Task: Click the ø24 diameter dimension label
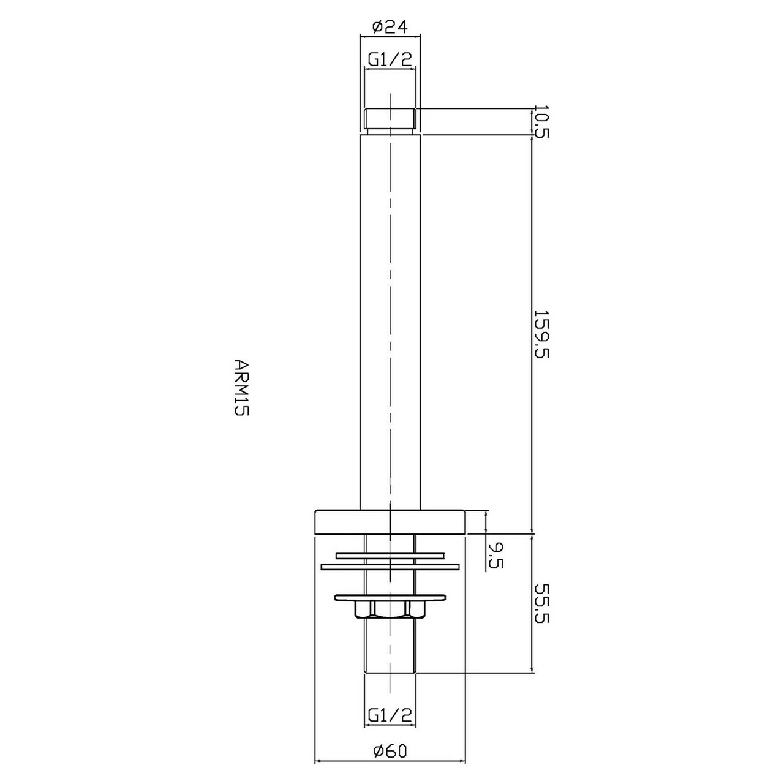390,26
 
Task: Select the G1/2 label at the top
390,59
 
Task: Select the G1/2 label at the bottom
390,714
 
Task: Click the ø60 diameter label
390,751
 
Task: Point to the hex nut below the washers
390,609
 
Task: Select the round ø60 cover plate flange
390,521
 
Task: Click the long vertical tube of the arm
390,318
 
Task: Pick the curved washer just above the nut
390,597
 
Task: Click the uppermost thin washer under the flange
390,556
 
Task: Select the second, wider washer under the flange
390,566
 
